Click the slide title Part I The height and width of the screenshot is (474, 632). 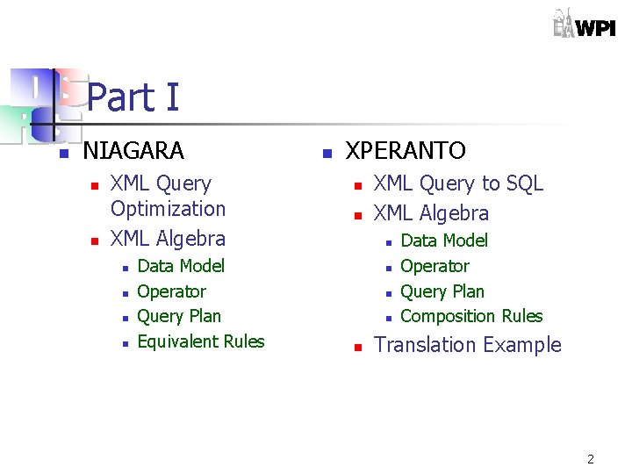tap(133, 97)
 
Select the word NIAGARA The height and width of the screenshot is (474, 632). tap(133, 151)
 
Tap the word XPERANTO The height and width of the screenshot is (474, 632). tap(406, 151)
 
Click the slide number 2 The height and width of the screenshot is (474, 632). tap(591, 459)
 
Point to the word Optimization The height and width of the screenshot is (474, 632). tap(168, 209)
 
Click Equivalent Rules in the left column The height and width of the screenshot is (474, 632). tap(200, 341)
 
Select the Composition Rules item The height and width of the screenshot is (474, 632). tap(471, 316)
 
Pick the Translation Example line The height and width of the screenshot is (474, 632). tap(467, 345)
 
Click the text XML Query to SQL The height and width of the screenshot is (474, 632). tap(458, 183)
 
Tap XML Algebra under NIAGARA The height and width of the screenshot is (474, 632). tap(168, 239)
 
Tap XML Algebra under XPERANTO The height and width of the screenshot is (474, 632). tap(431, 213)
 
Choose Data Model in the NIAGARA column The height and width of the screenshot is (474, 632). tap(181, 266)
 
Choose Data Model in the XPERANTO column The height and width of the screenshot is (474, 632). tap(443, 241)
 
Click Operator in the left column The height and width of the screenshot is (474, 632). tap(171, 291)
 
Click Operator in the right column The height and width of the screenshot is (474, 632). tap(434, 266)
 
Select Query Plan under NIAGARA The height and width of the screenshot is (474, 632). tap(179, 316)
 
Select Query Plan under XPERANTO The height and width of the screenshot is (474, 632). tap(442, 291)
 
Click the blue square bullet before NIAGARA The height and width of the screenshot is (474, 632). tap(63, 154)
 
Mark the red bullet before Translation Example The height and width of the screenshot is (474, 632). tap(357, 348)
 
